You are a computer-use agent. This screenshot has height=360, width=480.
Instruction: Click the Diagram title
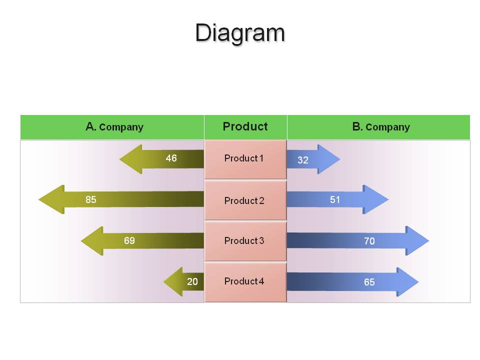(x=240, y=33)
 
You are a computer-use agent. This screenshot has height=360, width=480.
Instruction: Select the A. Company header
(x=114, y=126)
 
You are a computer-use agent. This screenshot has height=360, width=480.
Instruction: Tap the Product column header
(x=245, y=126)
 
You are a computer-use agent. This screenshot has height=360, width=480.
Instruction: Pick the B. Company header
(x=381, y=126)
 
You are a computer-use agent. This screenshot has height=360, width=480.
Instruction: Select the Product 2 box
(x=245, y=200)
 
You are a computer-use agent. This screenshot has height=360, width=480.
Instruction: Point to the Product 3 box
(x=245, y=241)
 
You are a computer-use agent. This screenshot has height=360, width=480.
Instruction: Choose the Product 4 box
(x=245, y=282)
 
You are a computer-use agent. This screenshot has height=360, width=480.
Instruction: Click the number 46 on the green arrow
(x=171, y=158)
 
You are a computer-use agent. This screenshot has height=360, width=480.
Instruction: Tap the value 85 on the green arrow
(x=91, y=199)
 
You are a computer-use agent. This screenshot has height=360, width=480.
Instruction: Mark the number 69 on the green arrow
(x=129, y=240)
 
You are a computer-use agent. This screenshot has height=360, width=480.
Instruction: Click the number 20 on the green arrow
(x=192, y=281)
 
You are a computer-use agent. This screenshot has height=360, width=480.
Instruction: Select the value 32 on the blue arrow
(x=303, y=160)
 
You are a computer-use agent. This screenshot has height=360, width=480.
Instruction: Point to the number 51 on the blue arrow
(x=335, y=200)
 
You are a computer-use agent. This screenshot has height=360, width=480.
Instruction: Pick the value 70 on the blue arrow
(x=369, y=241)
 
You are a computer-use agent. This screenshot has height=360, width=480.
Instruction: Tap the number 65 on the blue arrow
(x=369, y=282)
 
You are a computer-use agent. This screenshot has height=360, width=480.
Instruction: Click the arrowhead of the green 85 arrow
(x=51, y=199)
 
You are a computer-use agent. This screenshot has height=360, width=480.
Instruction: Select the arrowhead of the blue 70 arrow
(x=417, y=240)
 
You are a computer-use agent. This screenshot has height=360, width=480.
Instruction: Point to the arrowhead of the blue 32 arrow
(x=328, y=159)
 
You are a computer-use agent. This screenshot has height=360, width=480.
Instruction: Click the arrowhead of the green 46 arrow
(x=131, y=159)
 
